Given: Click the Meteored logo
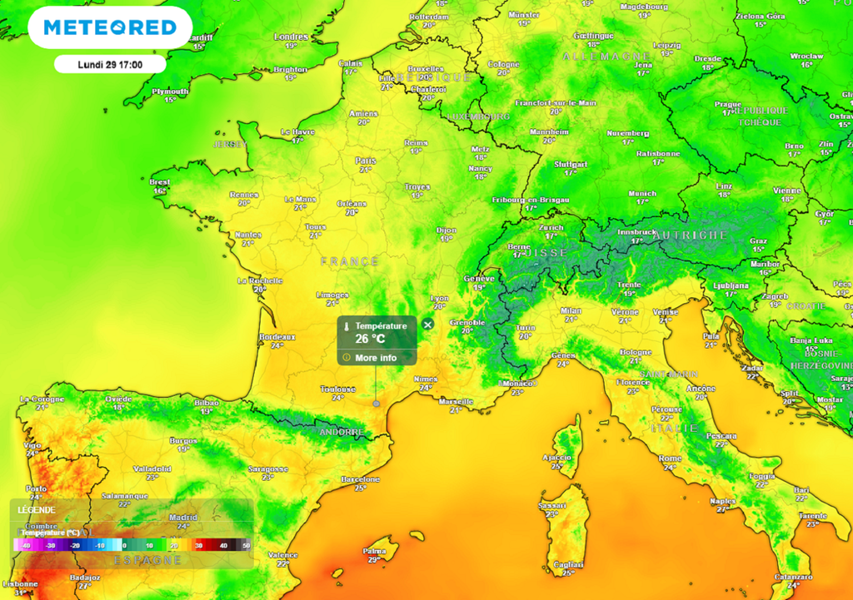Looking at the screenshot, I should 110,27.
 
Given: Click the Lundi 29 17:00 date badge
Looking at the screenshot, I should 110,64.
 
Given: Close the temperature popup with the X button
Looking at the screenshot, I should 427,325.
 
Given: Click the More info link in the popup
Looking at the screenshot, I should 376,358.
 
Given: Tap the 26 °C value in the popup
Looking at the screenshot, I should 370,339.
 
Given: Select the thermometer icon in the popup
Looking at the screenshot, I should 347,326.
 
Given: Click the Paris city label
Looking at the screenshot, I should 365,161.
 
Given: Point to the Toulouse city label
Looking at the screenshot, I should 338,389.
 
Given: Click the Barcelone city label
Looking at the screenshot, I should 361,479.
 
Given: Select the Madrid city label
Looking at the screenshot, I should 183,517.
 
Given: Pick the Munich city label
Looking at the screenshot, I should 642,193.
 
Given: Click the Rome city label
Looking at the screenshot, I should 670,459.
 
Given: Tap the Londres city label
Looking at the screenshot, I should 291,37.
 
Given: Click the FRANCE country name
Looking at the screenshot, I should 350,261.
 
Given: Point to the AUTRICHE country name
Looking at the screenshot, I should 689,236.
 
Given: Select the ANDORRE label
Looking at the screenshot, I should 342,433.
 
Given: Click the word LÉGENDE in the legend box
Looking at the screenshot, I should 36,509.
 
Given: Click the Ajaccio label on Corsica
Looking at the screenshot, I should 556,457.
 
